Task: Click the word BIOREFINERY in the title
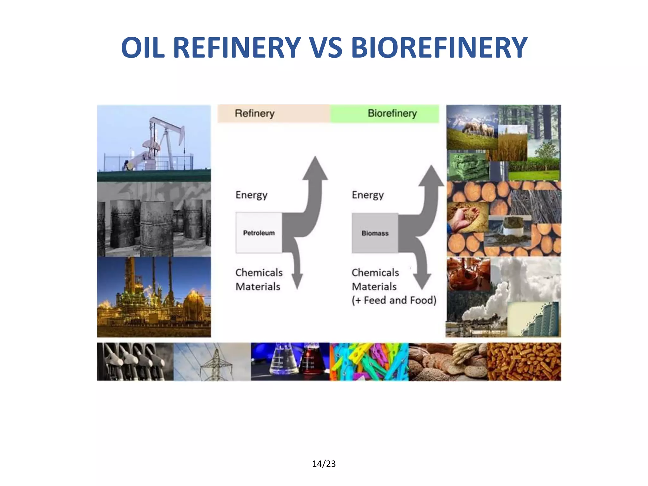click(x=439, y=48)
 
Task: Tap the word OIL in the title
click(x=143, y=48)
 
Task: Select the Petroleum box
click(x=259, y=233)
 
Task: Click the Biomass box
click(x=375, y=233)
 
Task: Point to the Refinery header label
click(x=255, y=113)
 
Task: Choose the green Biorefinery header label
click(x=392, y=113)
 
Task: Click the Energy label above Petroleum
click(x=252, y=195)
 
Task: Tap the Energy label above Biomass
click(x=368, y=195)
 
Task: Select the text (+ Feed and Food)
click(x=394, y=300)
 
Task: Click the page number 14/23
click(x=324, y=464)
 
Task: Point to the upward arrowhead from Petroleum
click(x=315, y=168)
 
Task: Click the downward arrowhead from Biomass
click(x=422, y=281)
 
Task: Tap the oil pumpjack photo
click(x=154, y=142)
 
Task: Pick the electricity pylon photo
click(x=212, y=362)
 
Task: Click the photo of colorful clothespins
click(x=369, y=362)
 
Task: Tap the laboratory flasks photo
click(x=290, y=362)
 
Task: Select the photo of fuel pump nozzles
click(x=135, y=362)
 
